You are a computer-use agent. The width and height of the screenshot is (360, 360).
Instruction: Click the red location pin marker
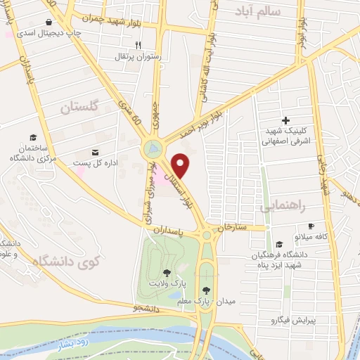181,165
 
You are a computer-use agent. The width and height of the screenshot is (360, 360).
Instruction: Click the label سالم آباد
269,11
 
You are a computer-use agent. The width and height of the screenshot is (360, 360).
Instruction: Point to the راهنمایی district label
283,207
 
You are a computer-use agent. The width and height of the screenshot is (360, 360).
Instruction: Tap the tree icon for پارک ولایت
167,273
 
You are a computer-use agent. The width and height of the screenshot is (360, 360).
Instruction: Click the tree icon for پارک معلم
206,290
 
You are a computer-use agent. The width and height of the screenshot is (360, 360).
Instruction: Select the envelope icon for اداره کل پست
96,152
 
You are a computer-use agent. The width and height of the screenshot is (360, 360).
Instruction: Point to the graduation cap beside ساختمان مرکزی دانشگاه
33,136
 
